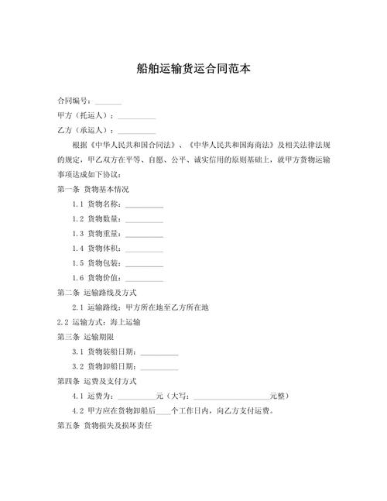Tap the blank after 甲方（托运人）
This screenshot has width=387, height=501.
click(136, 117)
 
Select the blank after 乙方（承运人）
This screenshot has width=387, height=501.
click(136, 131)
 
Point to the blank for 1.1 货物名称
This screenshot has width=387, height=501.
click(144, 205)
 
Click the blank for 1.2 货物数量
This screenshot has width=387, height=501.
click(144, 220)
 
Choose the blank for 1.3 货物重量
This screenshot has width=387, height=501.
click(144, 235)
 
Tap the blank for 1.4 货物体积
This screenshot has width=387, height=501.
click(144, 249)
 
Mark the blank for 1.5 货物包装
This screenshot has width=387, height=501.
click(144, 264)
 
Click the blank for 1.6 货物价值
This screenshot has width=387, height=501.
click(144, 279)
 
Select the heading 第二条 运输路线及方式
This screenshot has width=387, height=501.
click(97, 293)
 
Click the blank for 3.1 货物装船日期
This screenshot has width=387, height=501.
click(159, 352)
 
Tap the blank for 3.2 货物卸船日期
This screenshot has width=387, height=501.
click(159, 367)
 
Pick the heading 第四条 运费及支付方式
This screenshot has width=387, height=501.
click(97, 382)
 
